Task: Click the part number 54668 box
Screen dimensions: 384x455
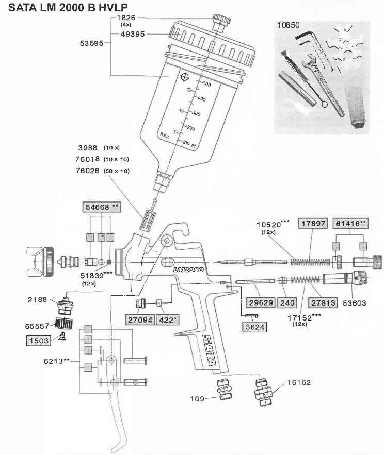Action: pos(102,207)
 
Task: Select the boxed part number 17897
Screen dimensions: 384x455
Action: pos(313,224)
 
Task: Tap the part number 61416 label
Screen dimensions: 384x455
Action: pos(350,224)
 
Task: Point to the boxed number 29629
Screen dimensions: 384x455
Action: pos(261,302)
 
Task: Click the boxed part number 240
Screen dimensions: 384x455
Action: pos(287,302)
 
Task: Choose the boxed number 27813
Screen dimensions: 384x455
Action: pos(323,303)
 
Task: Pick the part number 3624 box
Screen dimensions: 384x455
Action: pos(254,327)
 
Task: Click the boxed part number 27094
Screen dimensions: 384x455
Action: pos(140,320)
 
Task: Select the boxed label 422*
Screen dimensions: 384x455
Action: pos(168,320)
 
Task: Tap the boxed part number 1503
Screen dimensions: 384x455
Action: pos(39,341)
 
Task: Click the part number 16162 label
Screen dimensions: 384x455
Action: pos(299,382)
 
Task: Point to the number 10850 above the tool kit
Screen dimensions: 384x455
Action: pos(288,25)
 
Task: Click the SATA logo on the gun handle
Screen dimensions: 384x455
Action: pos(210,350)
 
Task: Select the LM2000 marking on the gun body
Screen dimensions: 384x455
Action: pos(188,270)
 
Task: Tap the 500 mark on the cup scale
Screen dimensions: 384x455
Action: pos(206,85)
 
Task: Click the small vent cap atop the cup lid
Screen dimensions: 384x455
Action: pos(221,22)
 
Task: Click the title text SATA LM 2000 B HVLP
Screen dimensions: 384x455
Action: pos(68,7)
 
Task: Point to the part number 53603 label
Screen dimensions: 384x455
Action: pos(355,303)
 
